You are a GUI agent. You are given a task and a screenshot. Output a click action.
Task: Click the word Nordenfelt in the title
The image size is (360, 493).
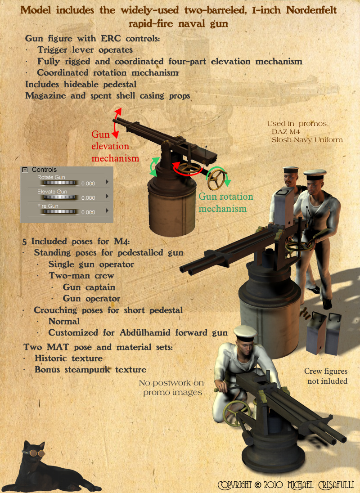(311, 10)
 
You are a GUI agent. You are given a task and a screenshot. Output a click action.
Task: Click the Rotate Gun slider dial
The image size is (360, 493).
(59, 183)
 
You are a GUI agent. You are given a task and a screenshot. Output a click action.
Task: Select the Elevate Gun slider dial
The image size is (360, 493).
(59, 197)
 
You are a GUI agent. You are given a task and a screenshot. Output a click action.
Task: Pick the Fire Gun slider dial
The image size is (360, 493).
(59, 212)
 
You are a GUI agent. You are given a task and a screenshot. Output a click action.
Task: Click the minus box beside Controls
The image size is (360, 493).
(25, 170)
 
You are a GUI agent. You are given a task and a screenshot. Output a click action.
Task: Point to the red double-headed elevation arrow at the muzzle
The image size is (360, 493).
(116, 123)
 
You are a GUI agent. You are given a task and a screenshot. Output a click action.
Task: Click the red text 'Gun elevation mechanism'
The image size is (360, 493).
(115, 146)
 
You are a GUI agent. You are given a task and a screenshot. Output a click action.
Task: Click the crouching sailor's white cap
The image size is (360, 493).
(246, 333)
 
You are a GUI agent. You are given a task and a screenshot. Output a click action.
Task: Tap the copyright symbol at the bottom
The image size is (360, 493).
(258, 485)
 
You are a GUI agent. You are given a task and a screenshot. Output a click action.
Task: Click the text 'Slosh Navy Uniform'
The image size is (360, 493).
(307, 140)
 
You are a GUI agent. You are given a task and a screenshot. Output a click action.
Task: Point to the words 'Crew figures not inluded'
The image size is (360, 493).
(326, 376)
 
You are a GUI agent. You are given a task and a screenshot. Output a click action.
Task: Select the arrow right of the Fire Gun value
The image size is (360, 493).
(107, 211)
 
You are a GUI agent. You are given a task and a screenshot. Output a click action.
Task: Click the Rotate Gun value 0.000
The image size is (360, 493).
(88, 184)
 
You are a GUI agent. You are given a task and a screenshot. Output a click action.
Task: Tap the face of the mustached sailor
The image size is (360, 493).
(289, 180)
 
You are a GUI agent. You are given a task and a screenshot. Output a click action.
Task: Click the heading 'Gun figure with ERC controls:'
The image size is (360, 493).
(92, 38)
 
